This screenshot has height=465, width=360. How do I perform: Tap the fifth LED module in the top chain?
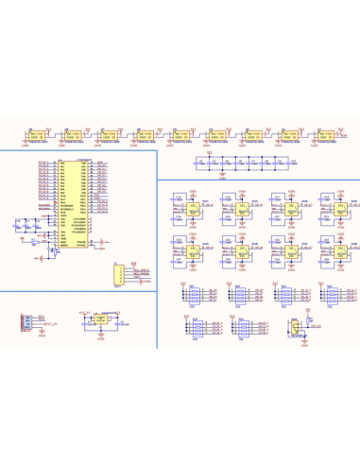[183, 137]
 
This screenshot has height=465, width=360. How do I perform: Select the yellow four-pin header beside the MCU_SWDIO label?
[118, 274]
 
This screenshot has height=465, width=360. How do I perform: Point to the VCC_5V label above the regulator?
[84, 310]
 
